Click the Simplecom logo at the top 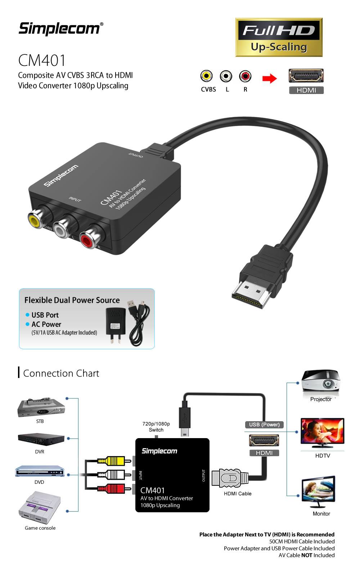click(60, 28)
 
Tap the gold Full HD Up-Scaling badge click(279, 37)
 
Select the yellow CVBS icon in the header click(206, 76)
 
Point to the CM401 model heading click(42, 60)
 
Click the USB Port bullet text click(45, 315)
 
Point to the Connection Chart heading click(61, 373)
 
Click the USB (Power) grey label click(264, 424)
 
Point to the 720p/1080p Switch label click(156, 427)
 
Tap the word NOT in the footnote click(307, 555)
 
